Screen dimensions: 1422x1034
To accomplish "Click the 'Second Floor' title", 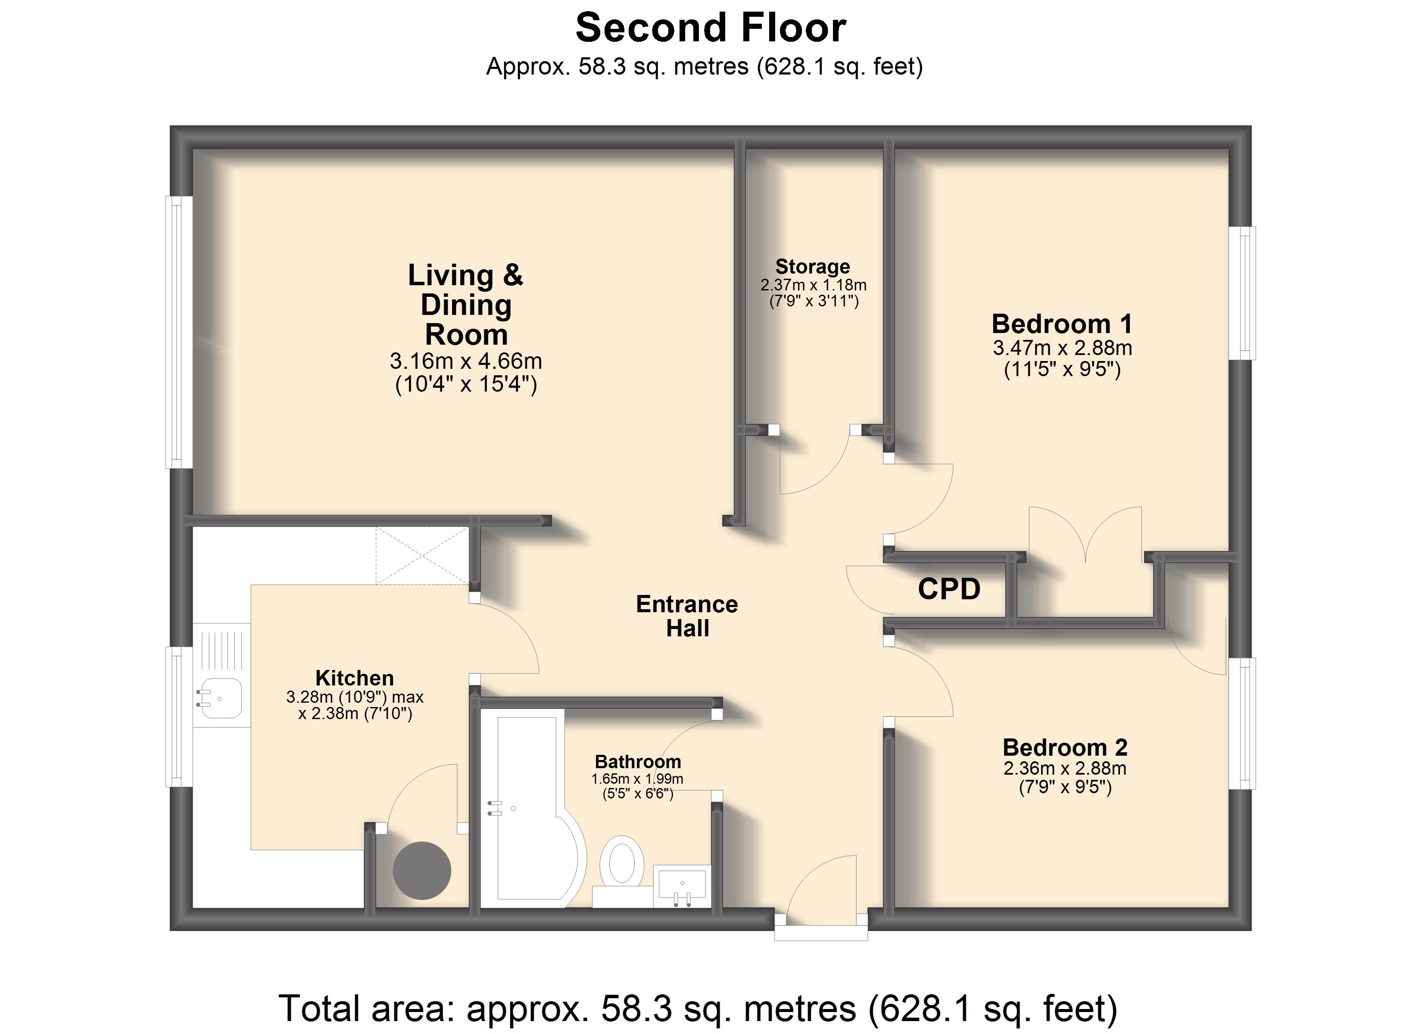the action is (711, 28).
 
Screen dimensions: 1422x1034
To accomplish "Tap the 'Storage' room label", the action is (813, 267).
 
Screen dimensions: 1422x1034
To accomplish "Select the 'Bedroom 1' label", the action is (1062, 324).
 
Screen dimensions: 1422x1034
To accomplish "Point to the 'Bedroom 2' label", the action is (1065, 747).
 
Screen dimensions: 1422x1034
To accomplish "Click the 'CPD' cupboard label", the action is (949, 589).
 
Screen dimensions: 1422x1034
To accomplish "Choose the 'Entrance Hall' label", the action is (687, 616).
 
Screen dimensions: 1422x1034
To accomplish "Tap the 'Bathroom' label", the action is (638, 761).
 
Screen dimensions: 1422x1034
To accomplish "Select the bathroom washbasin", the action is (682, 885).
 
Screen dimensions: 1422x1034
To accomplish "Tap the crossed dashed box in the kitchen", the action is (423, 556).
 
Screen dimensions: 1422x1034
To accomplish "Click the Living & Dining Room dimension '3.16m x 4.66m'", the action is (466, 361).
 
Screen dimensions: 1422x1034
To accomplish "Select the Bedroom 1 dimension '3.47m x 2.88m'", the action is (1062, 348).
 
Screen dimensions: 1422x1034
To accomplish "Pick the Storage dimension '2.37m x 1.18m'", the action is (813, 285).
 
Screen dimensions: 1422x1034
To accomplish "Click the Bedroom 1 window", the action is (1242, 293).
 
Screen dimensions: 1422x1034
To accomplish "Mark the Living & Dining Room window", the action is (179, 332).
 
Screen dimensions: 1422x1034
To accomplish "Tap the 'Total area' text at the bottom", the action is (697, 1008).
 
